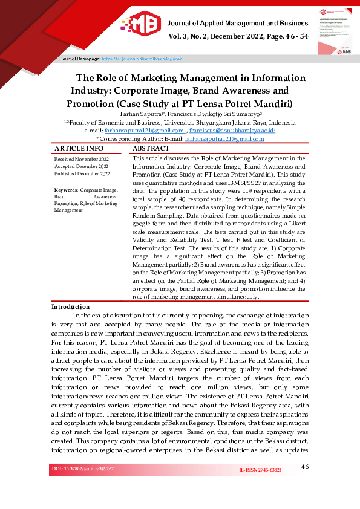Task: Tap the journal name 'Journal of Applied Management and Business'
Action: (x=237, y=23)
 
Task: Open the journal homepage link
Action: (x=142, y=59)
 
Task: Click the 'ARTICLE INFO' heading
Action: (x=79, y=148)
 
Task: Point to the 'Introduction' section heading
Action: (x=70, y=307)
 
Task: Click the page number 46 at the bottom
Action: (x=304, y=467)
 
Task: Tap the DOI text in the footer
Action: (x=82, y=468)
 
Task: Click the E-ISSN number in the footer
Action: (x=260, y=470)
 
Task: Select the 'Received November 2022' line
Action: (x=82, y=158)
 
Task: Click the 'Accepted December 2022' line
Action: (x=81, y=166)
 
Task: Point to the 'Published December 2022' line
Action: (x=82, y=173)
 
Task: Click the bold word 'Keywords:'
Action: (x=65, y=190)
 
